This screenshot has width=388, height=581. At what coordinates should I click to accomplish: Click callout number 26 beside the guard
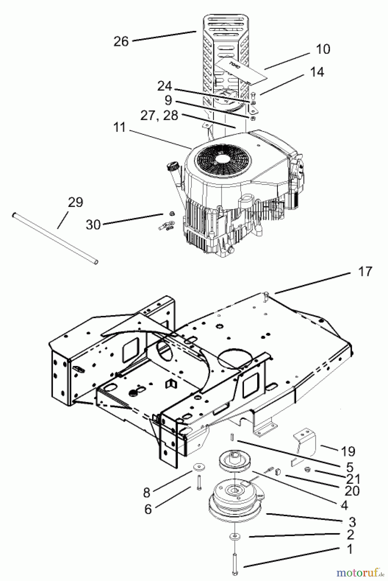(121, 41)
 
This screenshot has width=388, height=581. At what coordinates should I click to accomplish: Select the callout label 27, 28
(159, 116)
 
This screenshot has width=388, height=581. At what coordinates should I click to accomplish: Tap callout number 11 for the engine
(120, 127)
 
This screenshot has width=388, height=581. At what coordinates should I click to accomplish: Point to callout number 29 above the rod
(75, 202)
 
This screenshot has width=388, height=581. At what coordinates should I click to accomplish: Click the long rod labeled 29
(55, 238)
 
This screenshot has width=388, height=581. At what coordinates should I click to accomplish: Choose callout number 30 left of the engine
(93, 224)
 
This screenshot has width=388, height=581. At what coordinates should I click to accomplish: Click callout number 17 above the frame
(365, 271)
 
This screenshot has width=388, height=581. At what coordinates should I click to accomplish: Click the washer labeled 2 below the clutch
(235, 537)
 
